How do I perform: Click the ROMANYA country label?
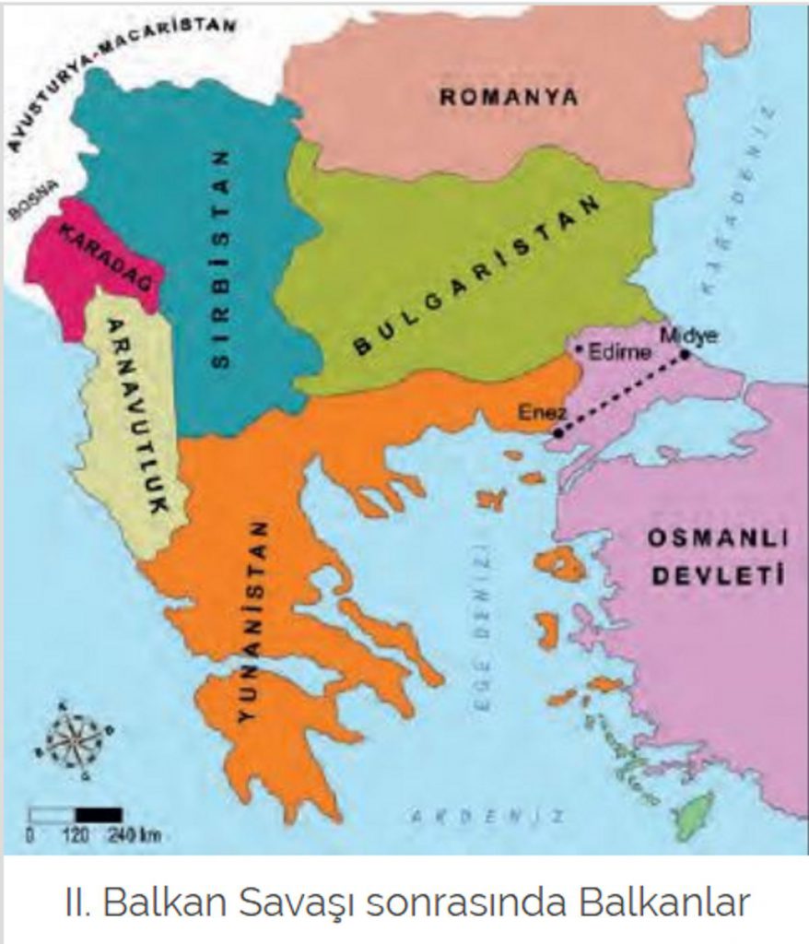click(508, 96)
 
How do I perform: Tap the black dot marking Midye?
click(685, 354)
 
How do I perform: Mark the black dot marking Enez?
click(557, 431)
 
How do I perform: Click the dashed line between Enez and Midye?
click(622, 393)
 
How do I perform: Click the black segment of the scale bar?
click(99, 814)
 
